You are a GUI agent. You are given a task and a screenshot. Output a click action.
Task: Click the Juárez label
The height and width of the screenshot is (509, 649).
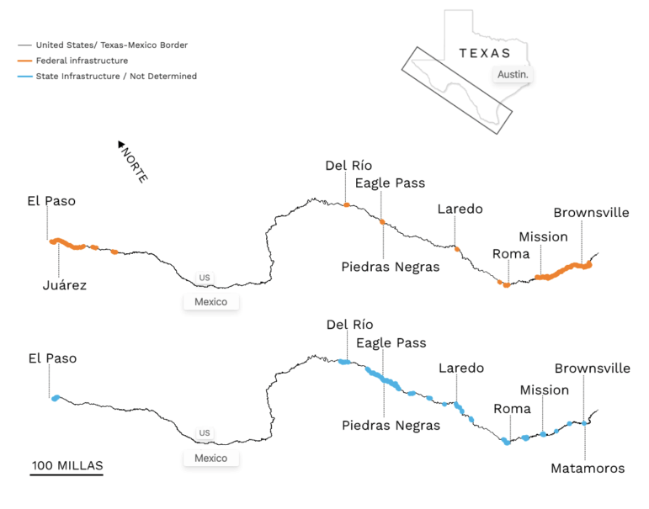pyautogui.click(x=65, y=285)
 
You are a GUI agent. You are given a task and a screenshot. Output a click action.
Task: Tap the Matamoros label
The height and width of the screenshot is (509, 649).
pyautogui.click(x=588, y=468)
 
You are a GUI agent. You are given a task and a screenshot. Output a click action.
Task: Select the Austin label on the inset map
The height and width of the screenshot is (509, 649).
pyautogui.click(x=513, y=75)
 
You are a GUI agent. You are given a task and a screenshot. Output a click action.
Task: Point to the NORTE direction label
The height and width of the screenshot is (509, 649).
pyautogui.click(x=132, y=162)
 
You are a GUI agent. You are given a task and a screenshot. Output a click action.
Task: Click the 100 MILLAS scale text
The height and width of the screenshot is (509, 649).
pyautogui.click(x=67, y=465)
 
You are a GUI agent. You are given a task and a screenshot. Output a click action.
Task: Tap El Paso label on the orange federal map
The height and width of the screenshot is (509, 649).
pyautogui.click(x=51, y=201)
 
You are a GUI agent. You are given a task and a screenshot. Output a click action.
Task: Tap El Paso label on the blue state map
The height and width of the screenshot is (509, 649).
pyautogui.click(x=52, y=358)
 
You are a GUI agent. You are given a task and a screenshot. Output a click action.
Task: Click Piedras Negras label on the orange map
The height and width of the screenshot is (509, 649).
pyautogui.click(x=391, y=267)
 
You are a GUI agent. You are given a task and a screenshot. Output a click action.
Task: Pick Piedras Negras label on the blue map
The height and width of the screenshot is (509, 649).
pyautogui.click(x=391, y=425)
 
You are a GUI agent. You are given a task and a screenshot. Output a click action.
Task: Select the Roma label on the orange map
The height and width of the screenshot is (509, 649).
pyautogui.click(x=511, y=253)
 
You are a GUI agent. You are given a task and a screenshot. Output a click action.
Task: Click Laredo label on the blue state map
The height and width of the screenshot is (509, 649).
pyautogui.click(x=461, y=368)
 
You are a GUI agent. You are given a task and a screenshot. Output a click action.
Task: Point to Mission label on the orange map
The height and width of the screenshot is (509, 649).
pyautogui.click(x=543, y=236)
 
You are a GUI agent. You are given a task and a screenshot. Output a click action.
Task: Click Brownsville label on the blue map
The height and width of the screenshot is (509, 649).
pyautogui.click(x=592, y=368)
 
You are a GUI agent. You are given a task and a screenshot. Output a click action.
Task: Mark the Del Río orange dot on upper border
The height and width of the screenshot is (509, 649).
pyautogui.click(x=347, y=204)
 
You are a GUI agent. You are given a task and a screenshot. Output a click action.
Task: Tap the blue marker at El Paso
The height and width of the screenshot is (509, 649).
pyautogui.click(x=56, y=397)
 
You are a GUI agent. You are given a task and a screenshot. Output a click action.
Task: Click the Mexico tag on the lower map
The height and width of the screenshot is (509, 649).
pyautogui.click(x=210, y=459)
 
